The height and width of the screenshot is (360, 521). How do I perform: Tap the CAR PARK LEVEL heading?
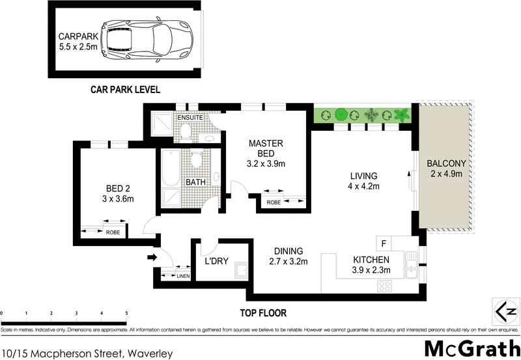pos(125,89)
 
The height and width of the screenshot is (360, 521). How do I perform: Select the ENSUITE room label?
pos(188,118)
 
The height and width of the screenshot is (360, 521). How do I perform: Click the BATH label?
pos(197,183)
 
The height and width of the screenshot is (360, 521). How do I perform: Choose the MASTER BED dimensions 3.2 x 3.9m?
pos(266,163)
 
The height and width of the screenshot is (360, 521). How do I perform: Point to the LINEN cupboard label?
pos(184,277)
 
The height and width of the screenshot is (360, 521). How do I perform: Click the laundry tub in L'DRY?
pos(242,270)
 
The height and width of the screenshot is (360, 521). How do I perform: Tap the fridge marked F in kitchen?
pos(384,244)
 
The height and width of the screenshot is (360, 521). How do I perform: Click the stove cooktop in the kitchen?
pos(384,284)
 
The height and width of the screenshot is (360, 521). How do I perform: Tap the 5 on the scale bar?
pos(126,314)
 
